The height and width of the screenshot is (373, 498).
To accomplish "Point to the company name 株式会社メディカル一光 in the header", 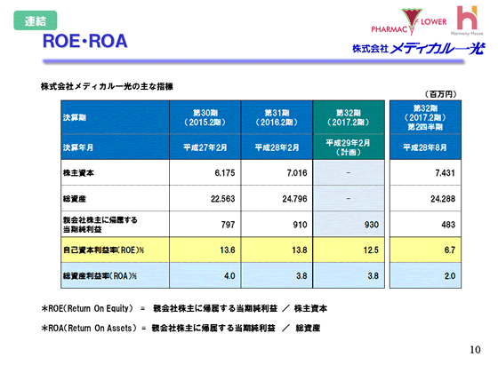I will point(416,49).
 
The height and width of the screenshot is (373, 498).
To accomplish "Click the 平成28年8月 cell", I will point(426,147).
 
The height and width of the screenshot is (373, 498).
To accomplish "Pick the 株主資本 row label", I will point(80,171).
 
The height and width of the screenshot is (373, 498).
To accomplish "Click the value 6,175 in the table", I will point(223,171).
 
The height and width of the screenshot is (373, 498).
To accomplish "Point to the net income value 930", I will point(366,226).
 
